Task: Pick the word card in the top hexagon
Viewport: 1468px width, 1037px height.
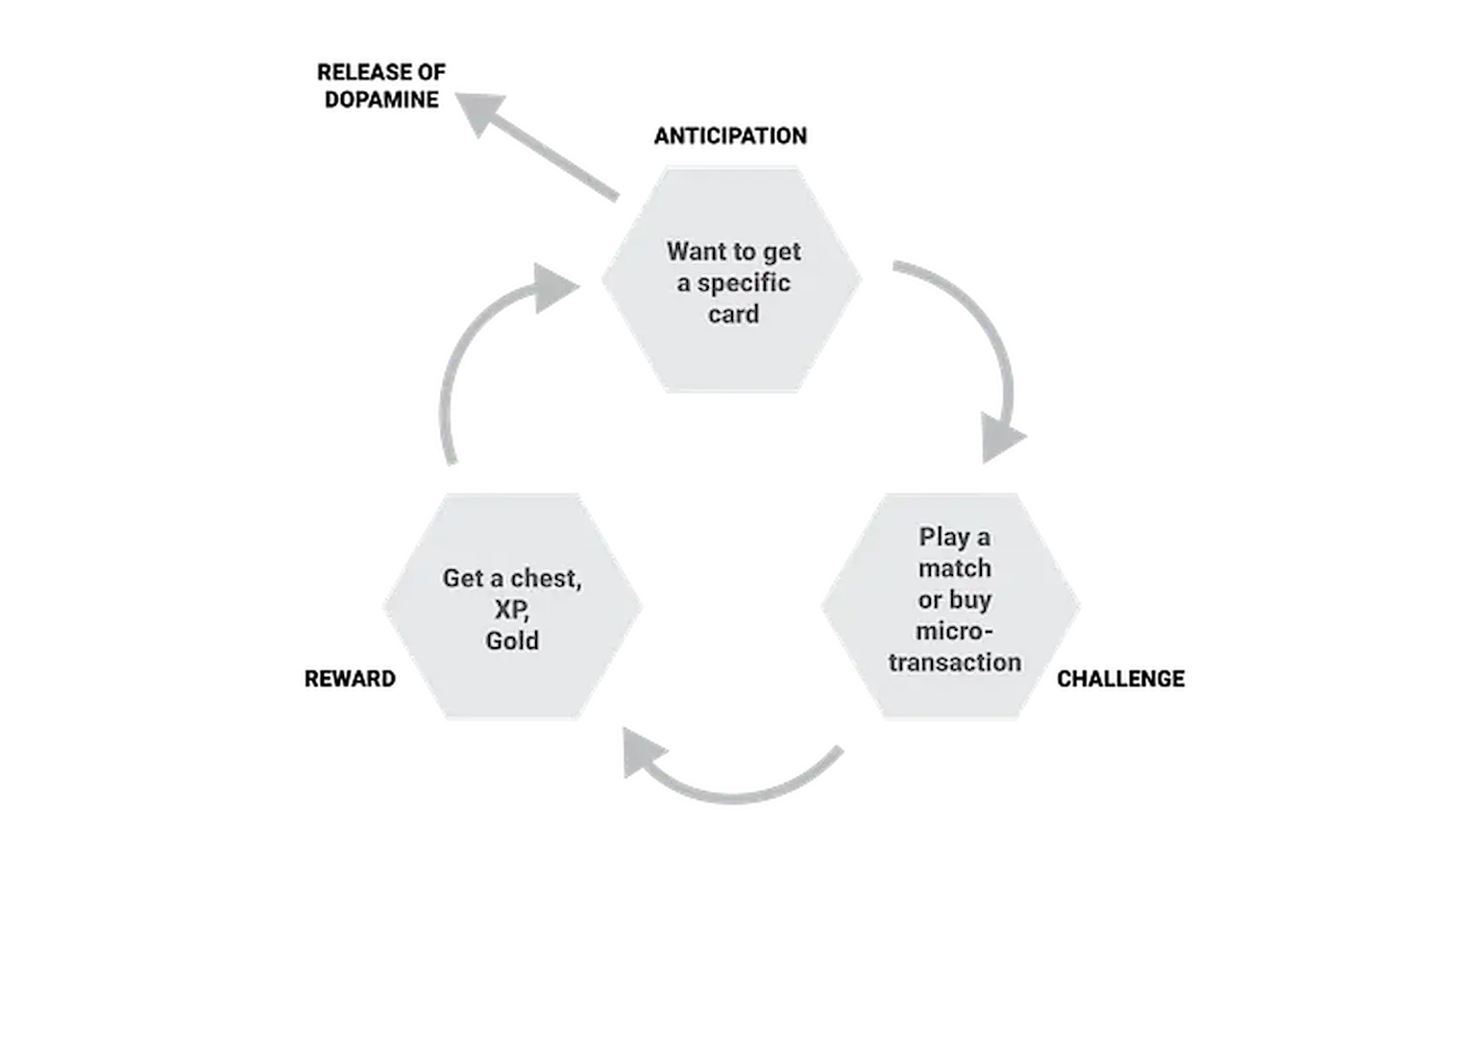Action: [x=733, y=314]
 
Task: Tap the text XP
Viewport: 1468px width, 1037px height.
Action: [x=511, y=610]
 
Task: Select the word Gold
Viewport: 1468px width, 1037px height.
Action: [x=511, y=640]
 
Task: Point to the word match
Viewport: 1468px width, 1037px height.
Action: [x=954, y=568]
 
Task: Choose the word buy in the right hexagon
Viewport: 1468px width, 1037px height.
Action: [x=971, y=600]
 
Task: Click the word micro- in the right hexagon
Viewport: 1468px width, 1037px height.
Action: [x=953, y=631]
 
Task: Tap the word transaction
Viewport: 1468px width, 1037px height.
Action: [x=954, y=663]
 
